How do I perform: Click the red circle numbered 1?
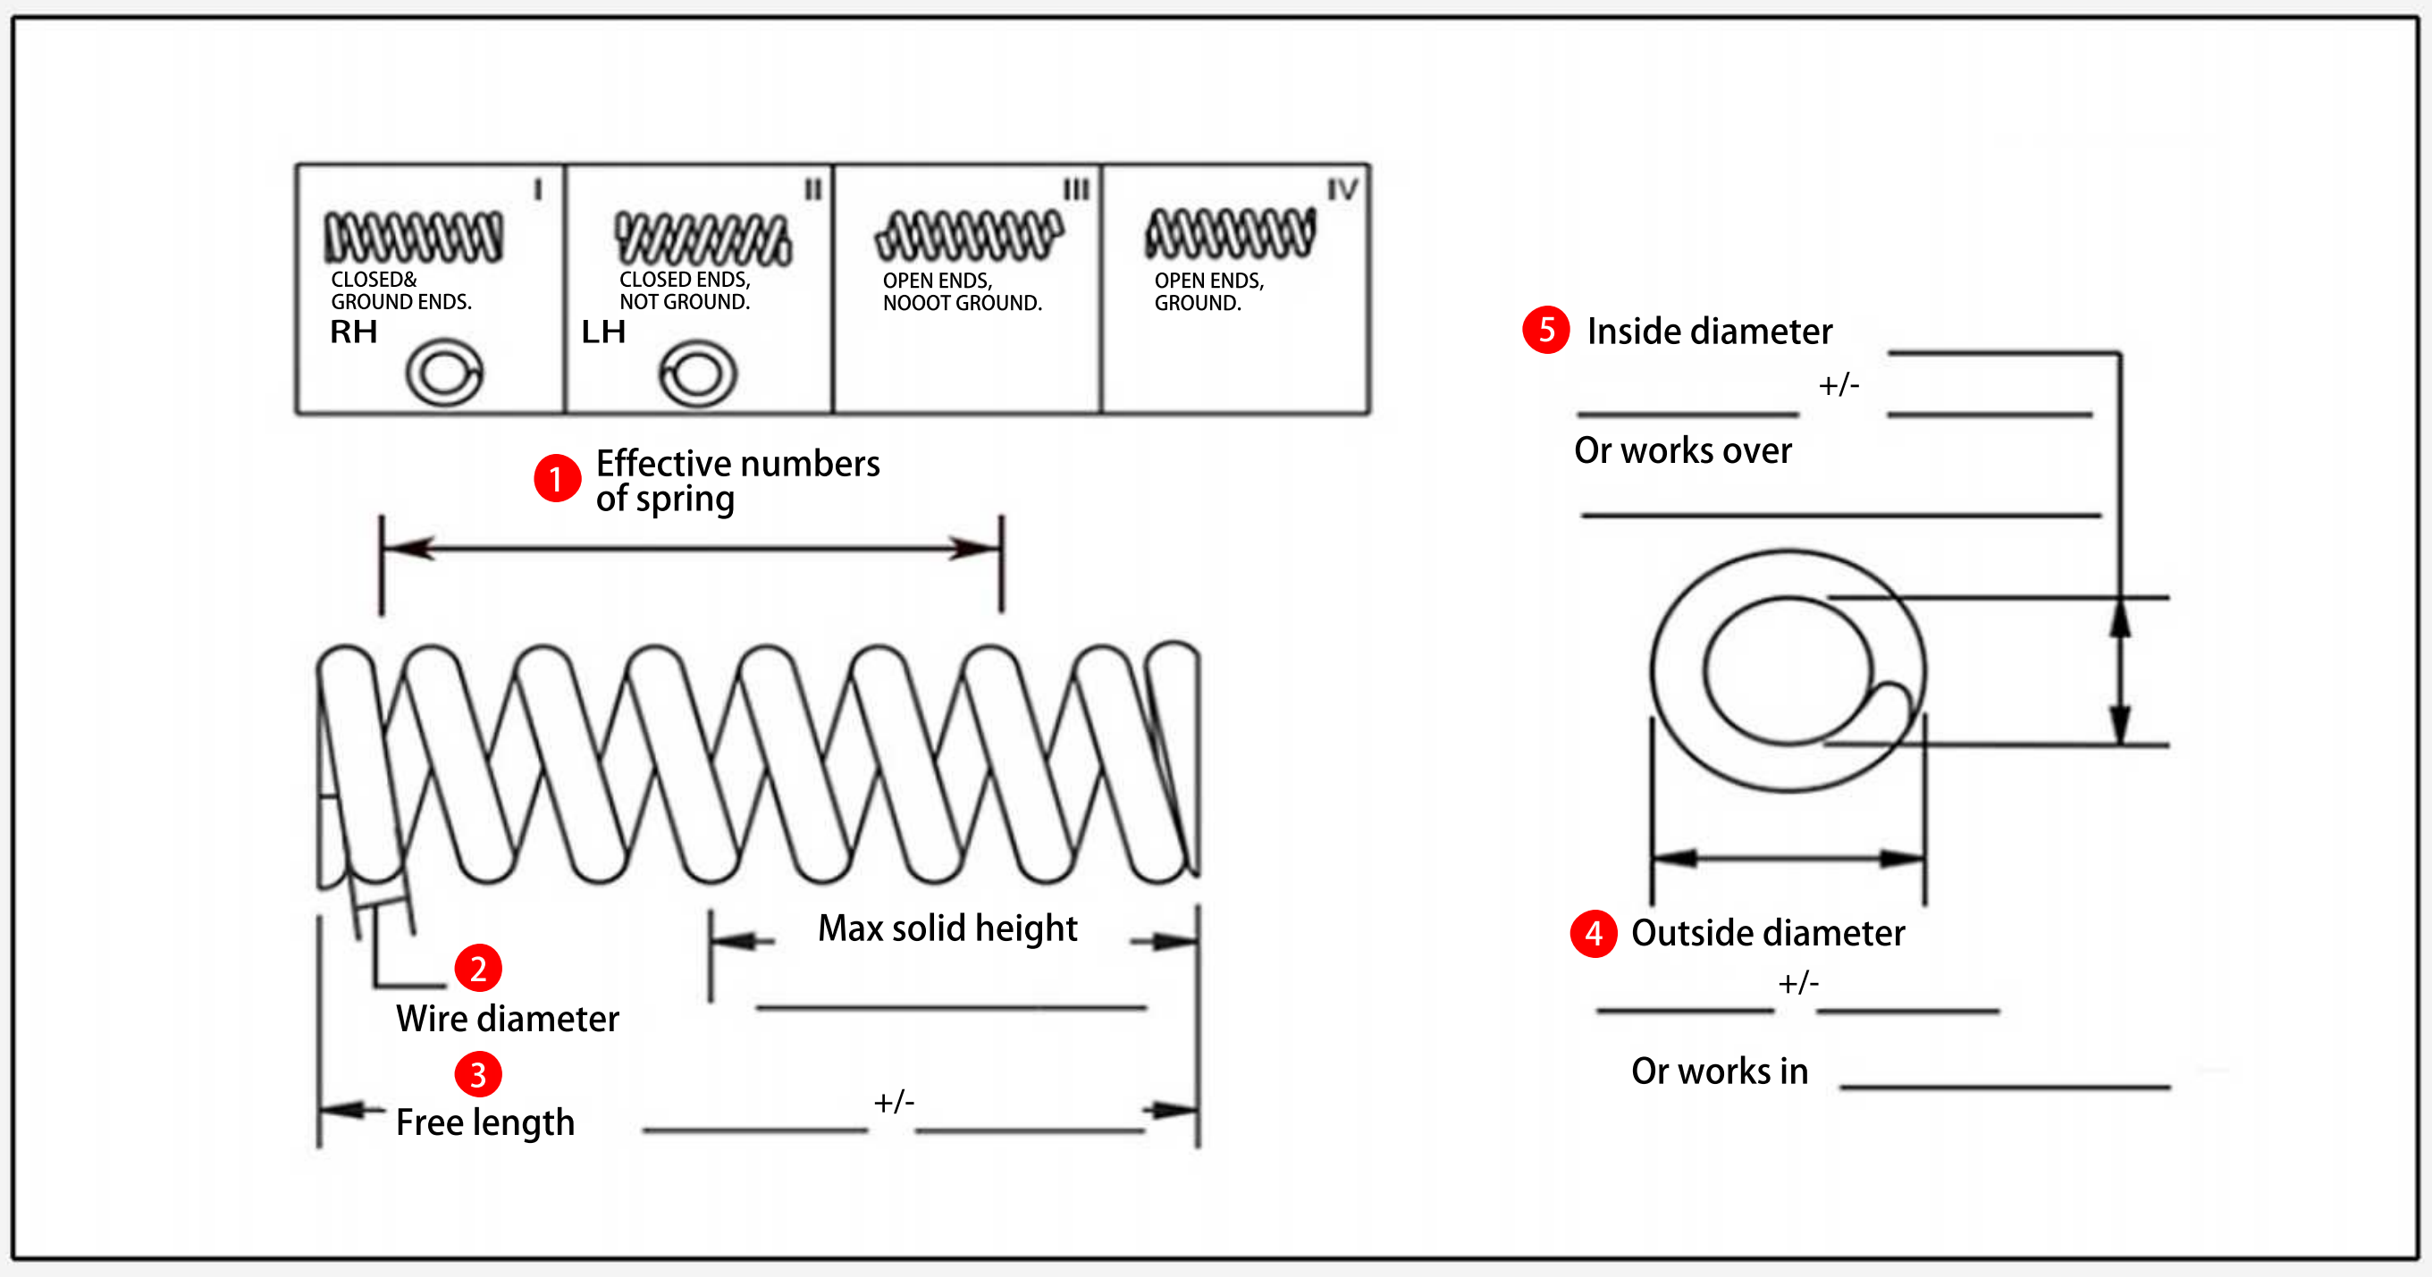556,478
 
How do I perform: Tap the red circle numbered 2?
477,969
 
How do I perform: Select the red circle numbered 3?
477,1074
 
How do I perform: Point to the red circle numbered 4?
1594,934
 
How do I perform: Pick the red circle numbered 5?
1545,330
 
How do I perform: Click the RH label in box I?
353,332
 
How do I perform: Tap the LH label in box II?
603,332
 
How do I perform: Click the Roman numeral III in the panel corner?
1076,189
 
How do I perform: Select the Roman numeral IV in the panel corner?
1342,189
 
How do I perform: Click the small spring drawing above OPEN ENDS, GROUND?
1229,233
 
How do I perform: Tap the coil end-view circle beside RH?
443,373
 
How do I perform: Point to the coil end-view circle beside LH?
698,374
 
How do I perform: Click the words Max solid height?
947,928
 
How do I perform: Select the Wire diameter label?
507,1020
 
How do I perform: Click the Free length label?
484,1122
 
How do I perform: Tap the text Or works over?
1682,451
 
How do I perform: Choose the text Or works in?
1720,1071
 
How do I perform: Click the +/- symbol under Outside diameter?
1797,984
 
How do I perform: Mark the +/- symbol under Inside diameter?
1839,385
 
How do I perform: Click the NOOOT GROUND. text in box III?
962,303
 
